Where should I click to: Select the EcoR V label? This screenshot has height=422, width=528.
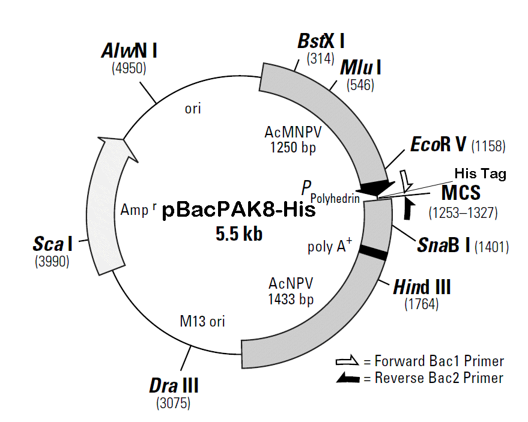tap(439, 145)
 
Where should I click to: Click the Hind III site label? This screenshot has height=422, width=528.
tap(422, 288)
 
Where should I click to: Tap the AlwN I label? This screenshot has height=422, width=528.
tap(129, 50)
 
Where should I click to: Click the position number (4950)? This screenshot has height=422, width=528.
tap(129, 68)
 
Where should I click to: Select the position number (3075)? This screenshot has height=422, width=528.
tap(174, 402)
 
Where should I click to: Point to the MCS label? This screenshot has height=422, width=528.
tap(463, 193)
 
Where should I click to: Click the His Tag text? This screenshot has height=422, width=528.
tap(480, 174)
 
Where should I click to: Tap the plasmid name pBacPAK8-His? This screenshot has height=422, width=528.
tap(238, 211)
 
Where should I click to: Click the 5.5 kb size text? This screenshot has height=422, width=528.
tap(239, 234)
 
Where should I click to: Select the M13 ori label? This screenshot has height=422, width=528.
tap(202, 322)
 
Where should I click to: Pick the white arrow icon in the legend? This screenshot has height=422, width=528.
tap(348, 361)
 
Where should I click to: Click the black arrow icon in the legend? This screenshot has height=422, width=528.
tap(348, 378)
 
